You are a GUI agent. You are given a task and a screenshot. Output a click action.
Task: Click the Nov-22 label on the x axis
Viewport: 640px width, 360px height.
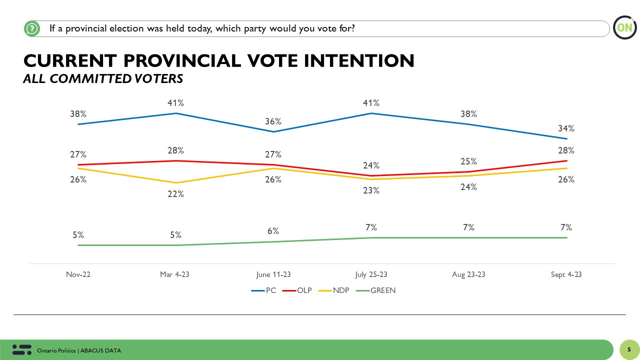pos(78,274)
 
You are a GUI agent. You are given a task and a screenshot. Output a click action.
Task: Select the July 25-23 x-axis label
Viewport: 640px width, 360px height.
pos(370,274)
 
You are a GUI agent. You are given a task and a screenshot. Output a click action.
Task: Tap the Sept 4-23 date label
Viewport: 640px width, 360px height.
pos(566,274)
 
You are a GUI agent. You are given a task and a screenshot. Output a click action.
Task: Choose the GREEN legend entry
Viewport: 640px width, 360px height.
pos(382,290)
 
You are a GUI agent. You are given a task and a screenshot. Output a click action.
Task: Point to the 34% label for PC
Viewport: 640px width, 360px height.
pos(566,128)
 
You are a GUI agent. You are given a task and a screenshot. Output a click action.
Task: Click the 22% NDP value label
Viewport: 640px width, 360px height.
pos(175,194)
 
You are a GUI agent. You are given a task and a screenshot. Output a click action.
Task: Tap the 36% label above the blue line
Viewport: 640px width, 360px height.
pos(273,121)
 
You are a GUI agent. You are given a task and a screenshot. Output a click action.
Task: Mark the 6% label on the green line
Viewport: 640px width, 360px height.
pos(273,231)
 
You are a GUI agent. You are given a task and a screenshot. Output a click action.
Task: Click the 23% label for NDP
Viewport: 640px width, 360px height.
pos(371,190)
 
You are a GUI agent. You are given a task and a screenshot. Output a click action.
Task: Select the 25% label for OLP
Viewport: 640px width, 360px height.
pos(468,161)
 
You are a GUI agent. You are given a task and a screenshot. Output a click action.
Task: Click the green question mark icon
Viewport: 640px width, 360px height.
pos(31,28)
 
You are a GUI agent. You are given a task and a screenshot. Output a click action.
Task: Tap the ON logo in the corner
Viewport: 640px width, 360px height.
pos(624,28)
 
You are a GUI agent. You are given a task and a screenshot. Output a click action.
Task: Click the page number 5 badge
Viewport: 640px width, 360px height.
pos(628,350)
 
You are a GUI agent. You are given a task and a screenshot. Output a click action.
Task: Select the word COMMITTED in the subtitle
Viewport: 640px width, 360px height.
pos(92,78)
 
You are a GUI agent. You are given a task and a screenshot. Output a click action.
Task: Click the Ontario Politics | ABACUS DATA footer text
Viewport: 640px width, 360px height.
pos(79,350)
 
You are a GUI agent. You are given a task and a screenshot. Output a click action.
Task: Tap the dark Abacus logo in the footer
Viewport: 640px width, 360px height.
pos(21,349)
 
